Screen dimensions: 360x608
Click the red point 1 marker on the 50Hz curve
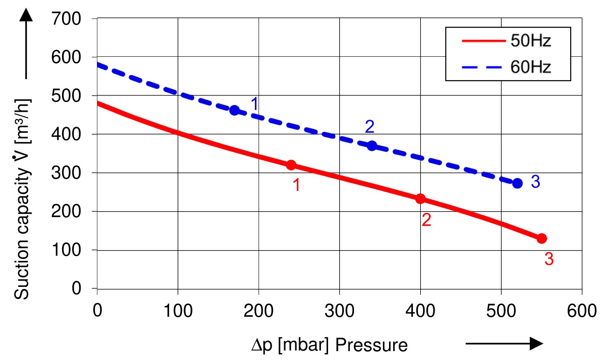coord(291,165)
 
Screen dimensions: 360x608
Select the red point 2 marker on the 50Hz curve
coord(420,199)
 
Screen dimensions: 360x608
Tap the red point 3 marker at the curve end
coord(541,238)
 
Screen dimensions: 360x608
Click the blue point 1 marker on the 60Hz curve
coord(234,110)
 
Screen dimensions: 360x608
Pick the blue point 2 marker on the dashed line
coord(372,146)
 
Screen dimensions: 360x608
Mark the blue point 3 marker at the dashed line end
coord(517,183)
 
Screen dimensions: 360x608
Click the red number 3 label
coord(549,259)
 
